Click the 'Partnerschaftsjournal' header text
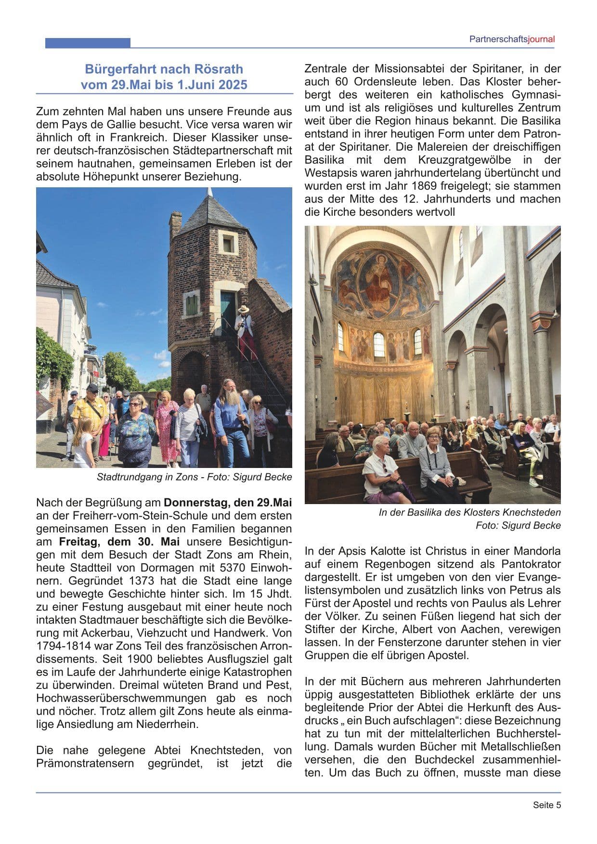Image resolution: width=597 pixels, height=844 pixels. pos(512,39)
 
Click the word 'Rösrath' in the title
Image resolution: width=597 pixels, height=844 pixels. pos(220,69)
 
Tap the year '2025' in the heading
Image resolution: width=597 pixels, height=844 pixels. pos(232,85)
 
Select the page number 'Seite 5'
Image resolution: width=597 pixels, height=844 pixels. pos(546,805)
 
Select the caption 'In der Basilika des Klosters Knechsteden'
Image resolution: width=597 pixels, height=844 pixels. pos(469,513)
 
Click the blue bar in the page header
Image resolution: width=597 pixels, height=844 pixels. pos(88,43)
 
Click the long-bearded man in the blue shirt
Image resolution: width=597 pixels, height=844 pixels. pos(230,419)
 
